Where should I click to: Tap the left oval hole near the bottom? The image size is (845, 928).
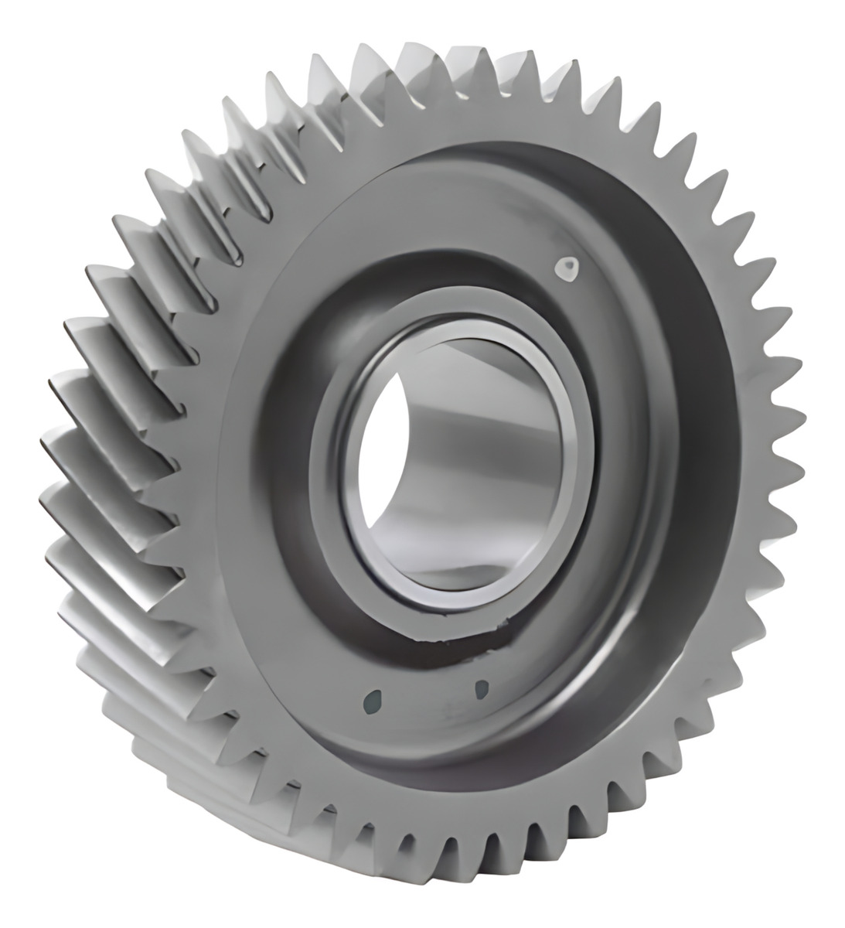(375, 701)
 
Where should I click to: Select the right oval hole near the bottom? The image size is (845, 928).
(481, 687)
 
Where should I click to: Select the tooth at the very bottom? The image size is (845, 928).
(433, 874)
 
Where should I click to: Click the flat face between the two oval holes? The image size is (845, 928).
(428, 696)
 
